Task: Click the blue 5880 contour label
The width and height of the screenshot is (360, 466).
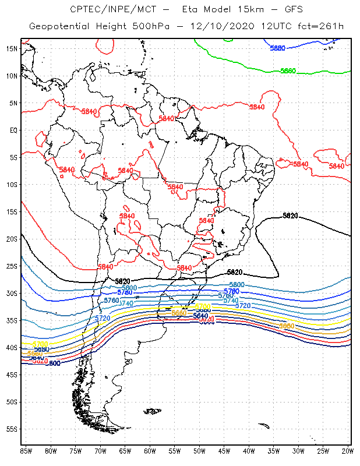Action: coord(277,48)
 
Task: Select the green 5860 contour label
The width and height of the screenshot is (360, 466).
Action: coord(288,71)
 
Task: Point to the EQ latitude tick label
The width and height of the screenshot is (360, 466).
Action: coord(13,130)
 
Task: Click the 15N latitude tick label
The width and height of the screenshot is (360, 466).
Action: coord(12,48)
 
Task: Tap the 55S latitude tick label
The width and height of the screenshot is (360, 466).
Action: coord(12,429)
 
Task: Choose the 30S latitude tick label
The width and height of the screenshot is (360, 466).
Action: coord(12,293)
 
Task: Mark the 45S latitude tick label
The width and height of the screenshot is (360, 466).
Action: coord(12,375)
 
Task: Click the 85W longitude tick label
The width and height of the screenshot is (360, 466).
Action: coord(26,451)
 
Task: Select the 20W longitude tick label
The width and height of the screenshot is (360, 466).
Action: coord(348,451)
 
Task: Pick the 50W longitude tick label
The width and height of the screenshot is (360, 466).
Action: coord(199,451)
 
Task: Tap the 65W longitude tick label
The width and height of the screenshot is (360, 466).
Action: coord(125,451)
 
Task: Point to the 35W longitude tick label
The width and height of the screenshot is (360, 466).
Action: coord(274,451)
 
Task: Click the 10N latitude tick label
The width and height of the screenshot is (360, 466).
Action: coord(12,76)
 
